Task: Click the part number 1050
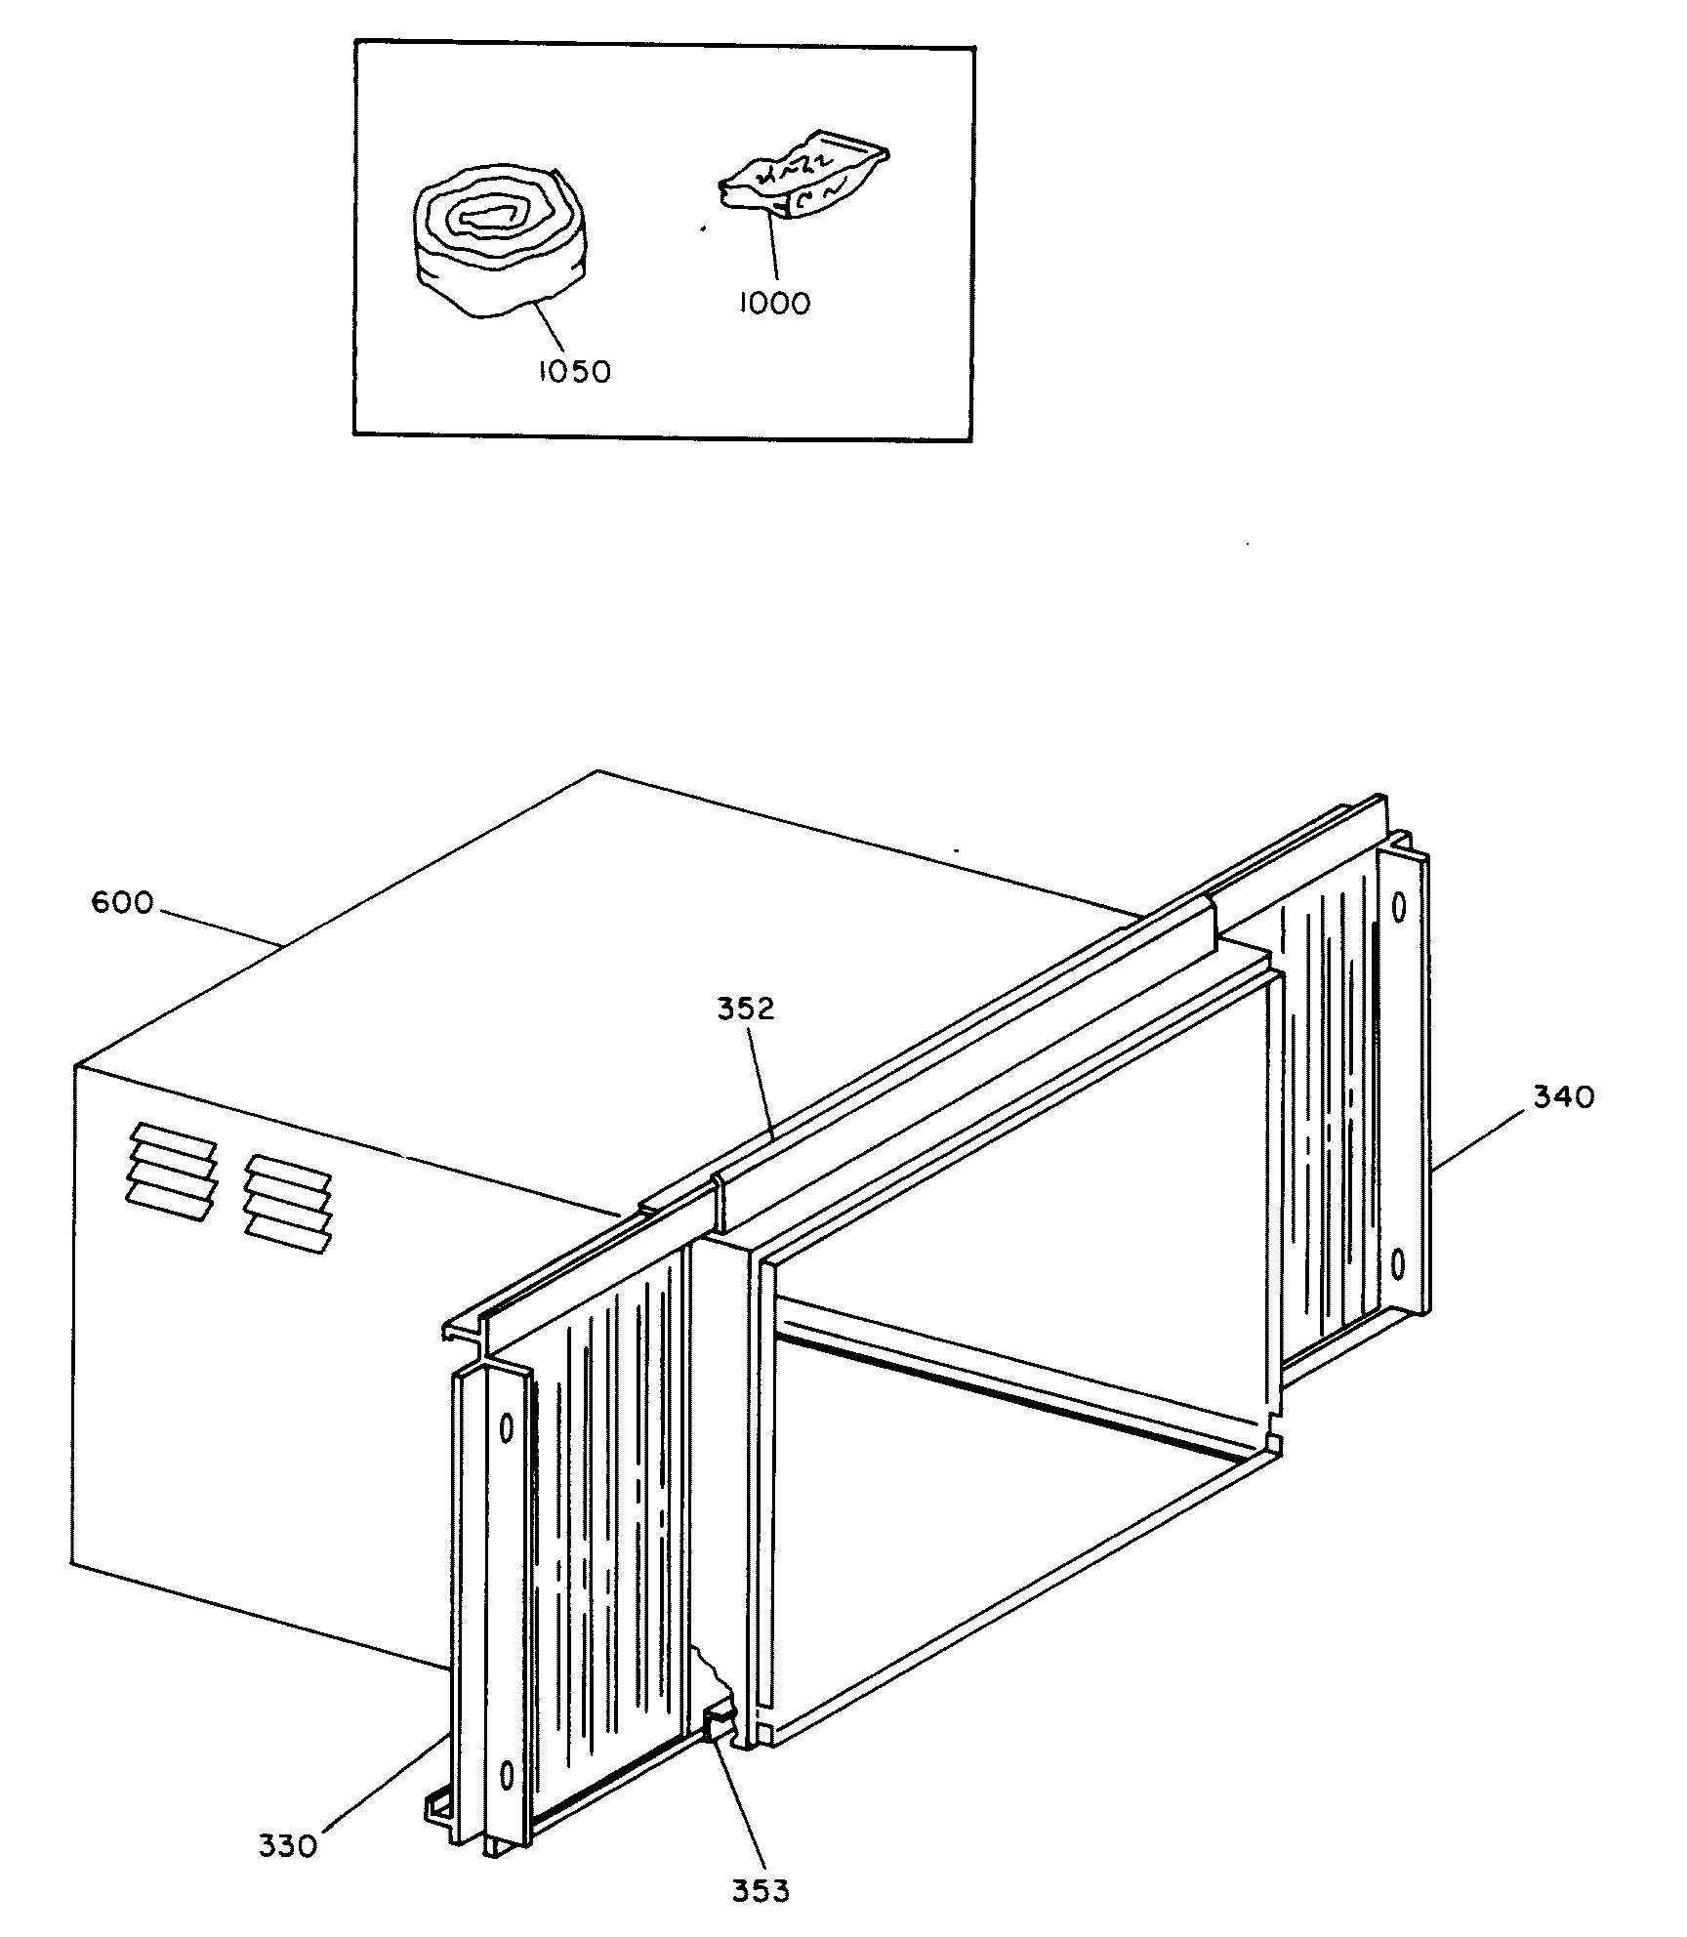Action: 574,372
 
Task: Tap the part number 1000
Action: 773,304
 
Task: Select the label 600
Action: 122,903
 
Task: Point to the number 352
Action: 745,1010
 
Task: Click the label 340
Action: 1563,1097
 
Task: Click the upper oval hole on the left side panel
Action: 507,1429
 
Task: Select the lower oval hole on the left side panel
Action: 506,1773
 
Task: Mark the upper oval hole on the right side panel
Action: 1398,907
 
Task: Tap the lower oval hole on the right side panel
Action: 1397,1265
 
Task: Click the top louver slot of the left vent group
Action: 174,1138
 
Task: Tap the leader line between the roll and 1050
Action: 550,328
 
